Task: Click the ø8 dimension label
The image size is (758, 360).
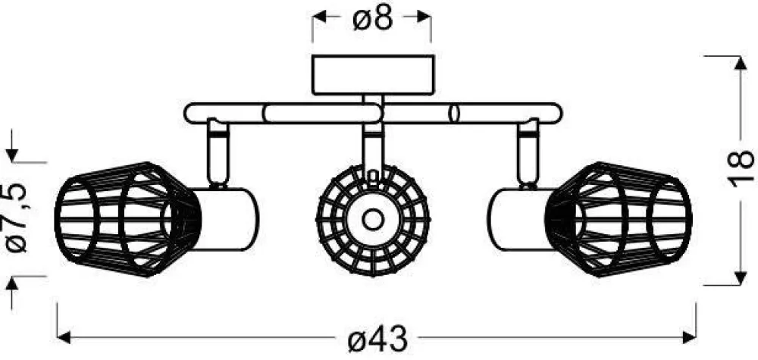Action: (372, 18)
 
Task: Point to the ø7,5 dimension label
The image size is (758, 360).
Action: (17, 220)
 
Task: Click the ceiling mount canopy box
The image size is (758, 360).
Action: (372, 74)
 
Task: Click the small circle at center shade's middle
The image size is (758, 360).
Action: (372, 220)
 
